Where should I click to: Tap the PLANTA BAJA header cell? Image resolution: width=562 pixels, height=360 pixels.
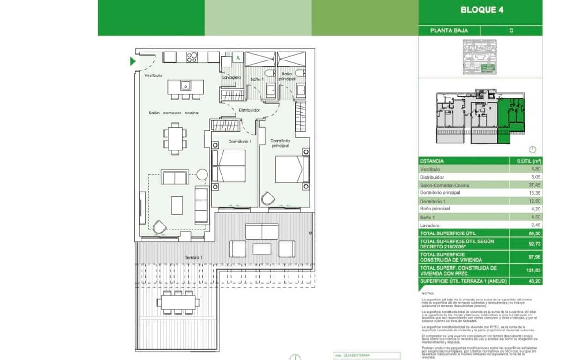point(449,30)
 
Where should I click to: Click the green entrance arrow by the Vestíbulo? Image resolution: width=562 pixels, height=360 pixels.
point(133,61)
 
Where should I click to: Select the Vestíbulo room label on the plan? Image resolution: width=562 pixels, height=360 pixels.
point(153,75)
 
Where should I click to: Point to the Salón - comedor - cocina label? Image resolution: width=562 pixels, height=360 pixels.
point(173,113)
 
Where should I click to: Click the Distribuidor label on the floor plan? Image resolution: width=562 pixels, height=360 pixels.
point(249,110)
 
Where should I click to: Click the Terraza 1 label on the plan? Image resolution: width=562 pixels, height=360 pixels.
point(193,258)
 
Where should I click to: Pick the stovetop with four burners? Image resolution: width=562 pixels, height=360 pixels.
point(192,58)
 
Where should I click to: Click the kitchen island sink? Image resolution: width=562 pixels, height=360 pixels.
point(185,85)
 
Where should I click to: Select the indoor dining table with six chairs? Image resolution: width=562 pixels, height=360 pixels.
point(175,138)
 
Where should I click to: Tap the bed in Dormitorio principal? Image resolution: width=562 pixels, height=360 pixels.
point(290,169)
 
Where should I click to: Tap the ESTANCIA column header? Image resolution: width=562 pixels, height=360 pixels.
point(432,161)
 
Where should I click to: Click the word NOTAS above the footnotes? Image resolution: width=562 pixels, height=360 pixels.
point(428,293)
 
